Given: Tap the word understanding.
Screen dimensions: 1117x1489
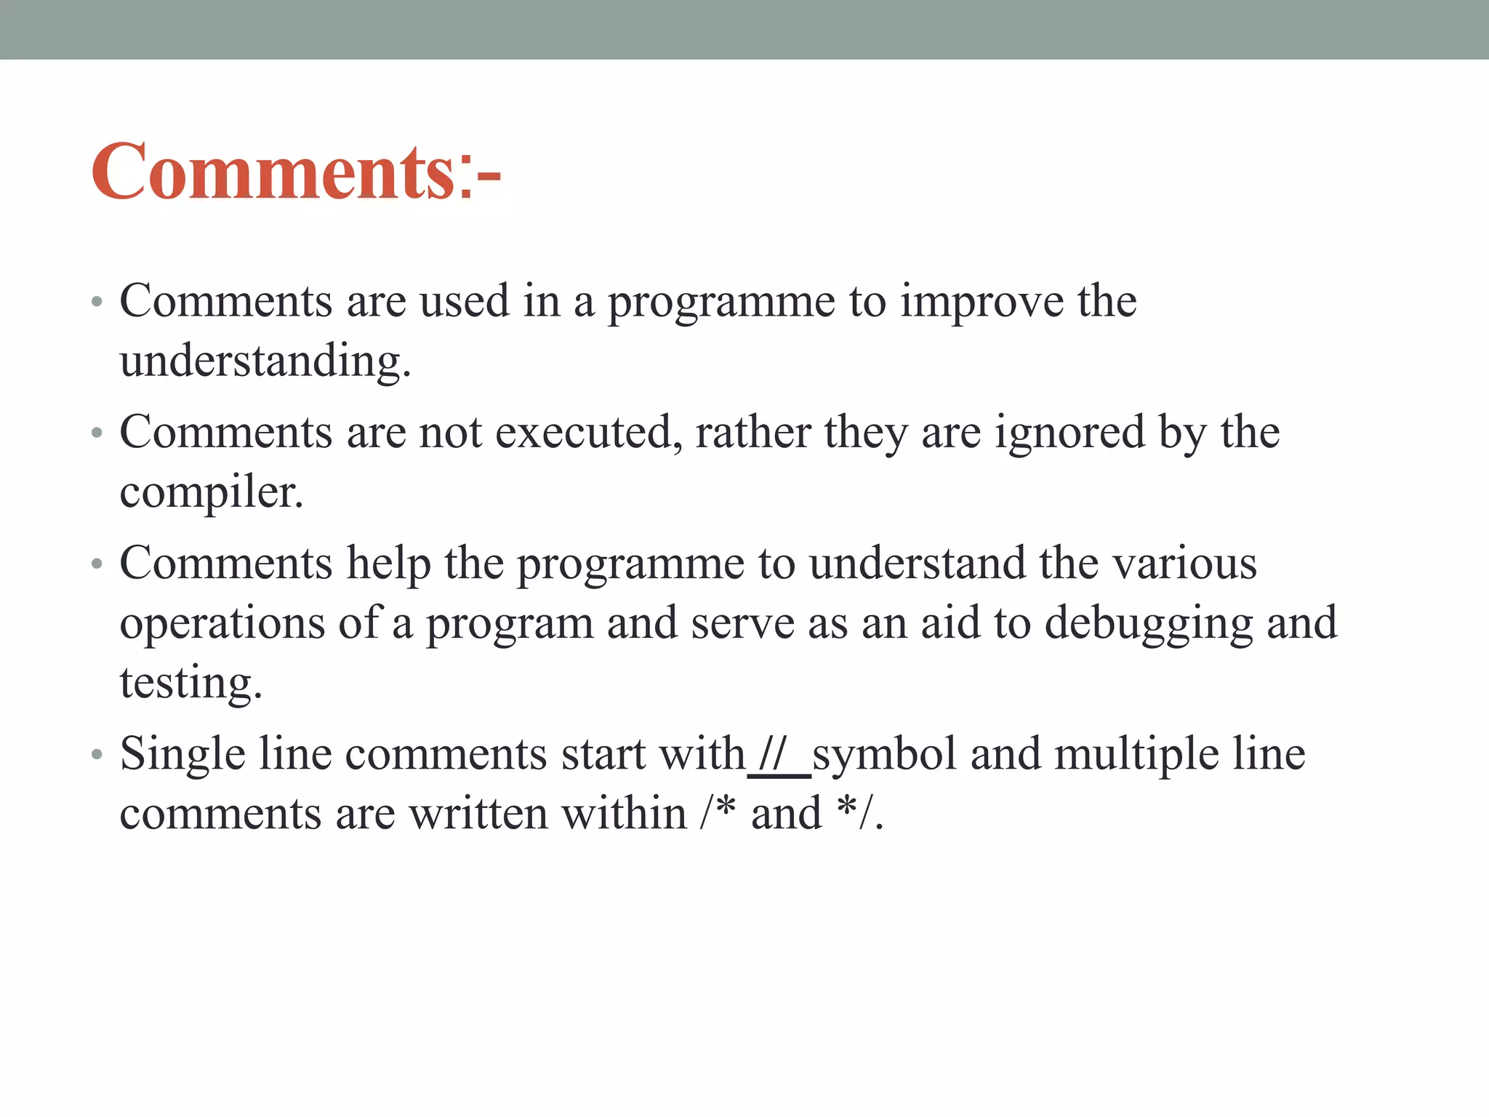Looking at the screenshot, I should pyautogui.click(x=265, y=361).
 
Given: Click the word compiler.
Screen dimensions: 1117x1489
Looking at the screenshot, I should pyautogui.click(x=211, y=492).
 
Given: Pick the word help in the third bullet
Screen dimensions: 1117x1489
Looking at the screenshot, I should pyautogui.click(x=388, y=564).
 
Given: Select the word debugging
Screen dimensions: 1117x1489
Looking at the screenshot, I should pyautogui.click(x=1149, y=623).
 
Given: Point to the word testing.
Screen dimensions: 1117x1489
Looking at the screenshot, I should pyautogui.click(x=190, y=683).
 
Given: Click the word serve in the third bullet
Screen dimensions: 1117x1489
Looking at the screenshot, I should pyautogui.click(x=742, y=623).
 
